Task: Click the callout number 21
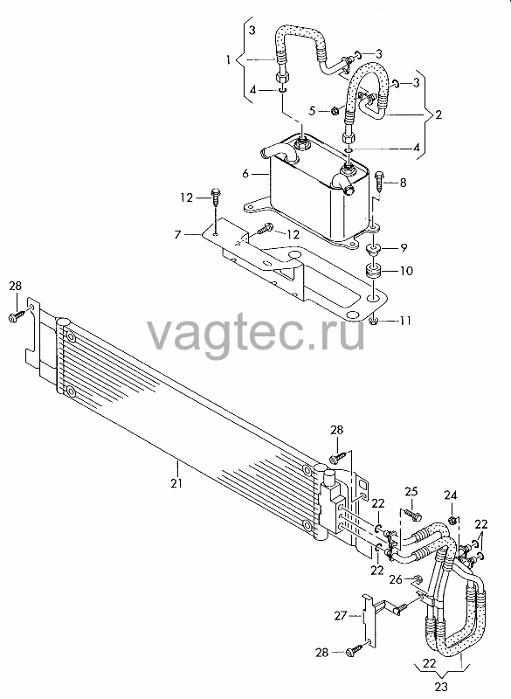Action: click(x=176, y=483)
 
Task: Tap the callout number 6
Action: click(x=245, y=173)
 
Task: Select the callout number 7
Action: click(x=178, y=233)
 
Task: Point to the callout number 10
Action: click(x=407, y=271)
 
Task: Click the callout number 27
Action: click(x=341, y=616)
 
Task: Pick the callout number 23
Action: click(x=440, y=686)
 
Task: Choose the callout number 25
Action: click(x=411, y=492)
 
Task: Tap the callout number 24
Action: click(x=451, y=495)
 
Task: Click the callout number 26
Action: click(x=396, y=579)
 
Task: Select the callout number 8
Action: click(x=404, y=182)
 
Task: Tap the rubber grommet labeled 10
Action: click(x=373, y=271)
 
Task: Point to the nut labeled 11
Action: click(x=374, y=320)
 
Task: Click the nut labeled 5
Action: click(x=336, y=110)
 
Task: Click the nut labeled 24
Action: click(x=451, y=519)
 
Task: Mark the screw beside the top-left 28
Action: click(x=16, y=316)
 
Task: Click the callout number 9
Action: click(x=404, y=248)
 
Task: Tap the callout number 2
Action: click(x=438, y=114)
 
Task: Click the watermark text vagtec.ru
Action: click(x=256, y=334)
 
